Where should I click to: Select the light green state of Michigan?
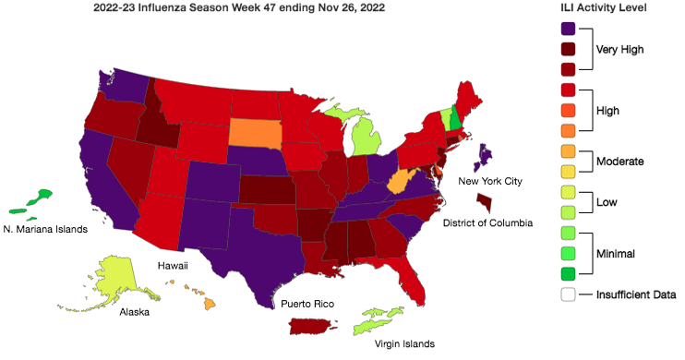367,138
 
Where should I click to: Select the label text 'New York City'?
490,181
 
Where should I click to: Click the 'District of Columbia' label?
487,222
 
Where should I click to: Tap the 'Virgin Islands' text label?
404,344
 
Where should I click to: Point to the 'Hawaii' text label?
173,265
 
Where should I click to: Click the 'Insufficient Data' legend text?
636,295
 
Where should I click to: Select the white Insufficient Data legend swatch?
568,295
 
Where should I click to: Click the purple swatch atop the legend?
568,29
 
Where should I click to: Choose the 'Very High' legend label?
619,50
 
